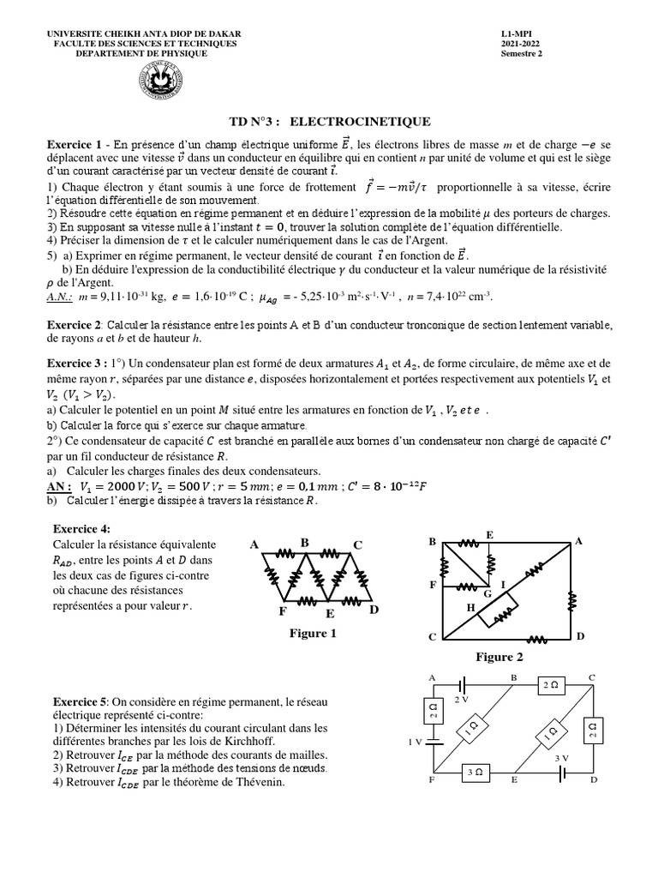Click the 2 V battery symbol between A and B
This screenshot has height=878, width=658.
click(x=464, y=685)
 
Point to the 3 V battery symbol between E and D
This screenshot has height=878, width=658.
click(x=561, y=774)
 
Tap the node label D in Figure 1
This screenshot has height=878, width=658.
click(x=374, y=610)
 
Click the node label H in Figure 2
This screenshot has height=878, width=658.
click(x=470, y=606)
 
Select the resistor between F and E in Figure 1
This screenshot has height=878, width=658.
click(x=305, y=598)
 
